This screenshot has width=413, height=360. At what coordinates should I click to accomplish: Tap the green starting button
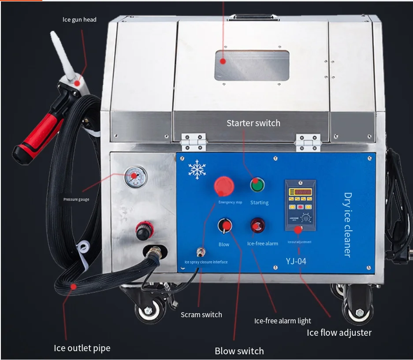[x=258, y=185]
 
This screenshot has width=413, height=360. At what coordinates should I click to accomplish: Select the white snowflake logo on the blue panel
[x=197, y=170]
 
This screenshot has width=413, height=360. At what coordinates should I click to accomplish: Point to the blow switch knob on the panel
[x=224, y=226]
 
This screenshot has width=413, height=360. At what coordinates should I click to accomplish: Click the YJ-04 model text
[x=296, y=261]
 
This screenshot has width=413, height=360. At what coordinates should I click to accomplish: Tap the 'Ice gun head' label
[x=79, y=19]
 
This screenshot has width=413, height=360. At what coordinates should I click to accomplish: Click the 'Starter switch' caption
[x=253, y=123]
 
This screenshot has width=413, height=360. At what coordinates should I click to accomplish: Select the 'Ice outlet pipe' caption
[x=82, y=348]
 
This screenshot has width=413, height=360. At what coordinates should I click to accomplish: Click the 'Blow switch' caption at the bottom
[x=239, y=351]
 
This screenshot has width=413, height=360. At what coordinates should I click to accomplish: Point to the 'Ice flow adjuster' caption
[x=339, y=333]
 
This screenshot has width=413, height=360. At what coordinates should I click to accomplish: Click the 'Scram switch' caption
[x=201, y=315]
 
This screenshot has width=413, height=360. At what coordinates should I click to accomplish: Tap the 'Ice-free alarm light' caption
[x=283, y=321]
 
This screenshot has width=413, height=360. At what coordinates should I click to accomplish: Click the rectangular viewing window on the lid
[x=252, y=65]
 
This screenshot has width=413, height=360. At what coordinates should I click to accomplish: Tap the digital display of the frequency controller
[x=300, y=193]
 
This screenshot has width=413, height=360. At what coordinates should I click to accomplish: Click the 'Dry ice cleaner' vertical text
[x=348, y=225]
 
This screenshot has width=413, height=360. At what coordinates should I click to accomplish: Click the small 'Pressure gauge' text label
[x=76, y=199]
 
